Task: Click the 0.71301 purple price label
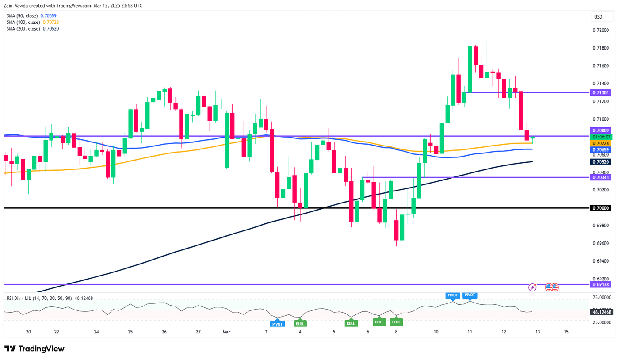[601, 92]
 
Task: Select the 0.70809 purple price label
[601, 130]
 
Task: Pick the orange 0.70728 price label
[601, 144]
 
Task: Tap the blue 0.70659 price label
[601, 150]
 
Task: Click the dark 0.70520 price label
[601, 162]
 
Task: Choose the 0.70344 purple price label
[601, 177]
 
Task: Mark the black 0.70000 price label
[601, 208]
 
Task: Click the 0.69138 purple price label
[601, 284]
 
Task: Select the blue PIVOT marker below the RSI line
[278, 324]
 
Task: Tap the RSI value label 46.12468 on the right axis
[601, 312]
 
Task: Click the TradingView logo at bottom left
[34, 349]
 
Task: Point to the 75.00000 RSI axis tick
[602, 298]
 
